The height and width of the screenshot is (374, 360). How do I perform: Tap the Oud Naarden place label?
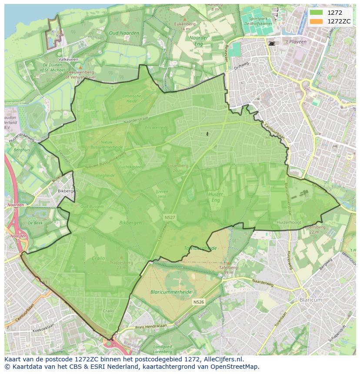[x=124, y=33]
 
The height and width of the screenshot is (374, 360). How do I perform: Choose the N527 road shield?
[x=170, y=216]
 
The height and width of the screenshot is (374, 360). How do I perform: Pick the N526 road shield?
[x=198, y=301]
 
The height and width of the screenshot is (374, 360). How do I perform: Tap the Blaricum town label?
[x=311, y=300]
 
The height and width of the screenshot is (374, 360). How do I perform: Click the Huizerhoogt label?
[x=289, y=222]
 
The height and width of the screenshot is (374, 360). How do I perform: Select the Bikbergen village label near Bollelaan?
[x=67, y=191]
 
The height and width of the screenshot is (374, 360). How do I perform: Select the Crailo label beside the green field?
[x=99, y=258]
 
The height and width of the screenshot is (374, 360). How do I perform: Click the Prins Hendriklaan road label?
[x=151, y=327]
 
